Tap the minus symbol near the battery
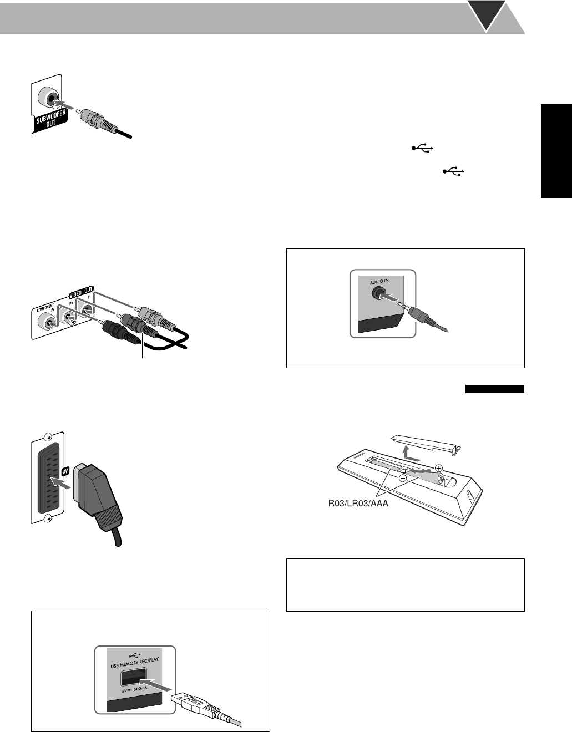402,476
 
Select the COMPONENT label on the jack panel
46,306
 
